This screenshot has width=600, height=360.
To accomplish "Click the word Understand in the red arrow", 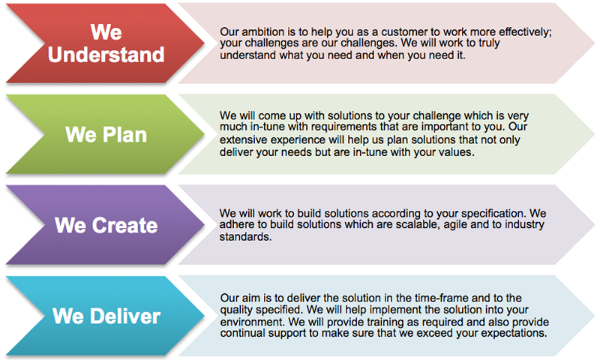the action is click(106, 55).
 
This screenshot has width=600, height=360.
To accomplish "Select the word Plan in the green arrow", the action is click(124, 135).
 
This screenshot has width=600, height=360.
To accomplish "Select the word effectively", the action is click(526, 32).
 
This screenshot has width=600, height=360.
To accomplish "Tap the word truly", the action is click(489, 43).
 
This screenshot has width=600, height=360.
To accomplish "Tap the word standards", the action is click(245, 237).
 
